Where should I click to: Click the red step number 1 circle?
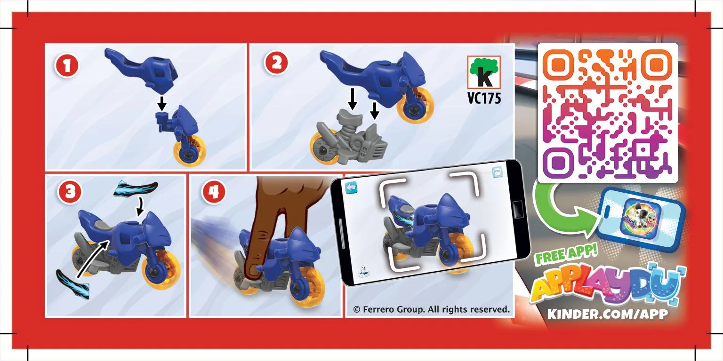coord(67,66)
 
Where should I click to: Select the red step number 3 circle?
coord(70,192)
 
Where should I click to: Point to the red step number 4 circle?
coord(213,192)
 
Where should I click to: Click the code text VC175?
coord(484,98)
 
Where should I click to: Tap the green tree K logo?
coord(484,72)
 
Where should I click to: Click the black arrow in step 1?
coord(162,103)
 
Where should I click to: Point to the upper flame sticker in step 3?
coord(136,188)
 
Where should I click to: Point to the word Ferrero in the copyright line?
coord(378,309)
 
